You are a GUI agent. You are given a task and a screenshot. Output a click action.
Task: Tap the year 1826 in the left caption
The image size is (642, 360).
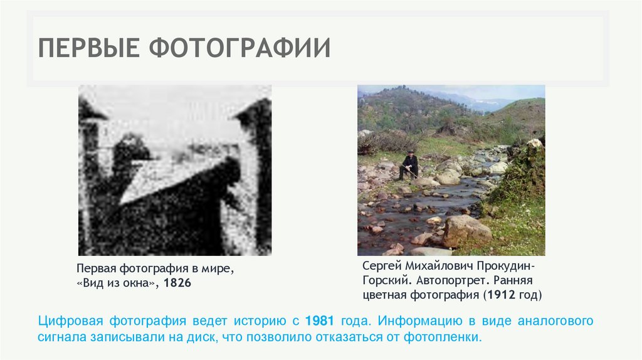coord(177,284)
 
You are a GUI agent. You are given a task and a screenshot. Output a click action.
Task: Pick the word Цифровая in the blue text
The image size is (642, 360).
coord(70,321)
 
